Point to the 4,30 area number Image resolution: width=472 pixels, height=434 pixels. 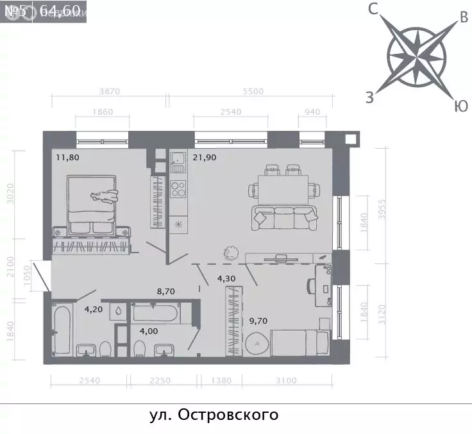pos(226,279)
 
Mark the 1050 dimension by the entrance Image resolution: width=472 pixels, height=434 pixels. pos(26,276)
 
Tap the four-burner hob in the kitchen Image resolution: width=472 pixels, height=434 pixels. pos(178,190)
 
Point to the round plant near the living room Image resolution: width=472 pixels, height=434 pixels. pos(230,253)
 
